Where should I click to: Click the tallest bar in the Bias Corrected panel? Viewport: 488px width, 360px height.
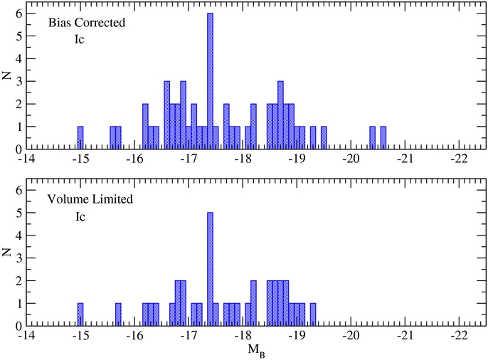click(x=210, y=82)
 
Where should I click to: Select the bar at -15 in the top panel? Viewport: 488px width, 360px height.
click(x=80, y=138)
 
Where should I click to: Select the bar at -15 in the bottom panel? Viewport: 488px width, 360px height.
click(x=80, y=314)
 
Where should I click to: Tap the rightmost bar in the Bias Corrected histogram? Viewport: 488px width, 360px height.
click(x=383, y=138)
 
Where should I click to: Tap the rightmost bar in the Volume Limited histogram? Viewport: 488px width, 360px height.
click(x=313, y=314)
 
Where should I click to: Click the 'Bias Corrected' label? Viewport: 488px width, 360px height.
click(x=87, y=23)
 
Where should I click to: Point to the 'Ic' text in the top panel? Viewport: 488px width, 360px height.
click(x=80, y=40)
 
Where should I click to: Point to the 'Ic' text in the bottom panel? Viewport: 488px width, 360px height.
click(x=80, y=216)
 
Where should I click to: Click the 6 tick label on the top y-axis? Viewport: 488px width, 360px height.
click(x=18, y=14)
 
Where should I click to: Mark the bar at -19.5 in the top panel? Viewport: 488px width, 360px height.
click(x=324, y=138)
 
